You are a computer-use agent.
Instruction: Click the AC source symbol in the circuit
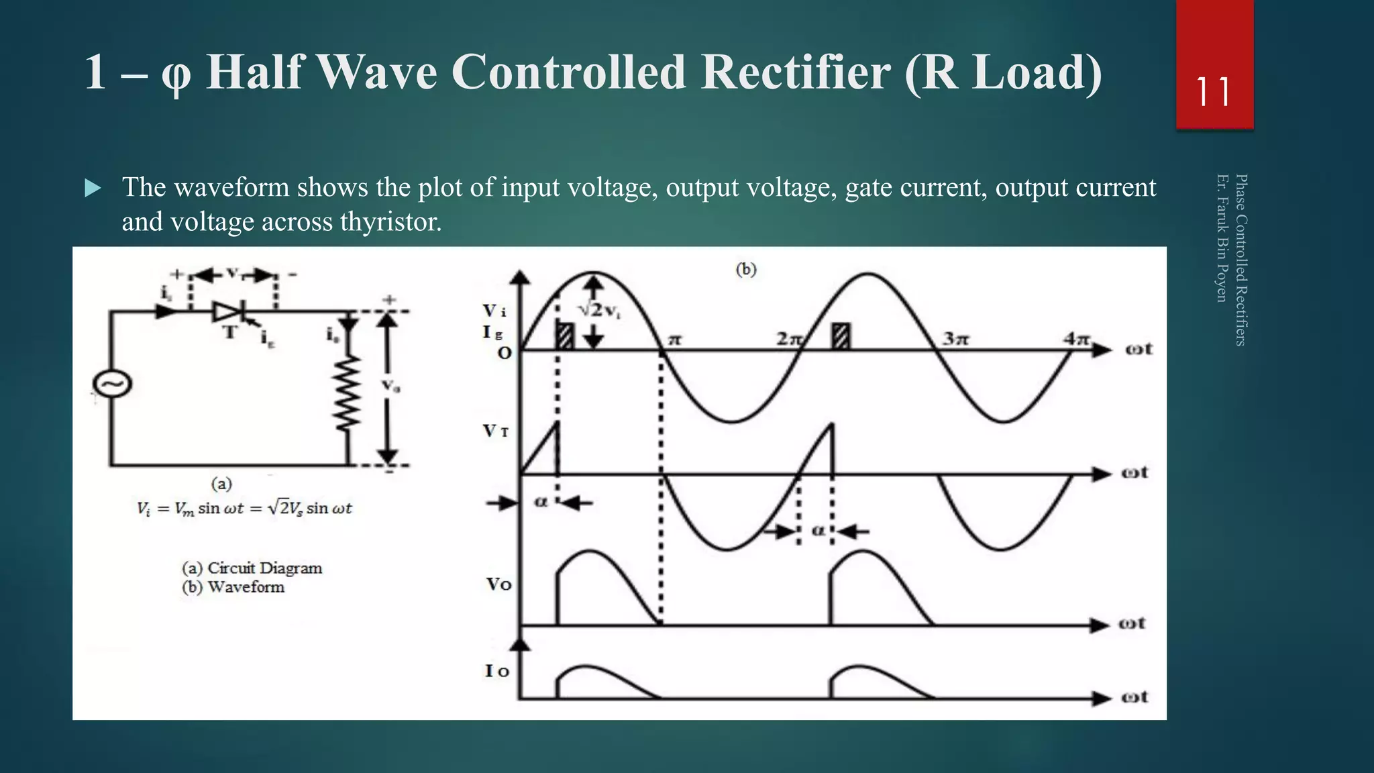click(x=112, y=384)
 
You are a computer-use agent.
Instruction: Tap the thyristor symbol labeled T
click(x=227, y=312)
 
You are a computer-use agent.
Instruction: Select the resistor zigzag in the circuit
click(x=348, y=393)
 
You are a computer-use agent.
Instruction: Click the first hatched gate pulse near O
click(x=566, y=336)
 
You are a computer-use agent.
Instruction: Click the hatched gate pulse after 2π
click(x=840, y=336)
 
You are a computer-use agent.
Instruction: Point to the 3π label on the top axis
click(x=955, y=338)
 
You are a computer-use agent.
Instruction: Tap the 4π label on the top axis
click(x=1076, y=338)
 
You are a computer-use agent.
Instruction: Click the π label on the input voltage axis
click(x=674, y=340)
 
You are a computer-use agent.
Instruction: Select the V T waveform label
click(x=496, y=431)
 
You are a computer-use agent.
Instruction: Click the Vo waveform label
click(x=499, y=584)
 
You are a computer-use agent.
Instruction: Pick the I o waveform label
click(x=497, y=670)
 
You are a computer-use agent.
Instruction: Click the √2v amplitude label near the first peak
click(x=599, y=310)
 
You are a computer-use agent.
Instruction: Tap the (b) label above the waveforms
click(x=746, y=269)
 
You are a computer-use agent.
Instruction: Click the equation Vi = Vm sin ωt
click(x=244, y=509)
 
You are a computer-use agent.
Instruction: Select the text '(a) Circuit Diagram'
click(x=252, y=568)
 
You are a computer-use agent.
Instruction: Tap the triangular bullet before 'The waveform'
click(x=93, y=189)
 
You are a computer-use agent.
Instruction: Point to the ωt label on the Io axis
click(x=1134, y=697)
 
